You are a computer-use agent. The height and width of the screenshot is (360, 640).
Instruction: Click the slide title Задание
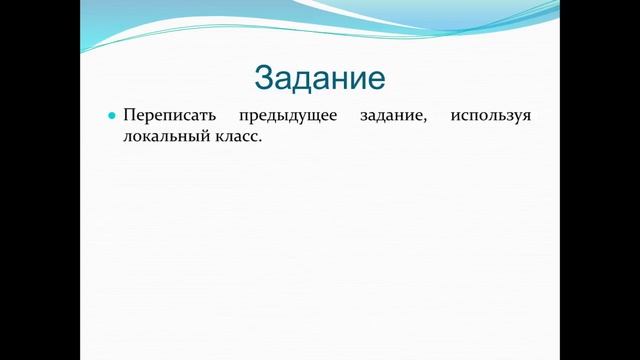click(320, 78)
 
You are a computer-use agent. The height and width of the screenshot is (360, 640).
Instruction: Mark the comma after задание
click(426, 122)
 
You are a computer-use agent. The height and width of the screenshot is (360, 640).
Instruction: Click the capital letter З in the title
click(264, 78)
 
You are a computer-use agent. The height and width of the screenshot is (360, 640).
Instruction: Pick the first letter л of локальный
click(127, 141)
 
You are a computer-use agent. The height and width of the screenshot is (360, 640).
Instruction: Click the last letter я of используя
click(526, 119)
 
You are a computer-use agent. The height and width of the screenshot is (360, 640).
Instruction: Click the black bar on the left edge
click(40, 180)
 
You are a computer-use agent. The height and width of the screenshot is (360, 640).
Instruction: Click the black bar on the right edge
click(600, 180)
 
